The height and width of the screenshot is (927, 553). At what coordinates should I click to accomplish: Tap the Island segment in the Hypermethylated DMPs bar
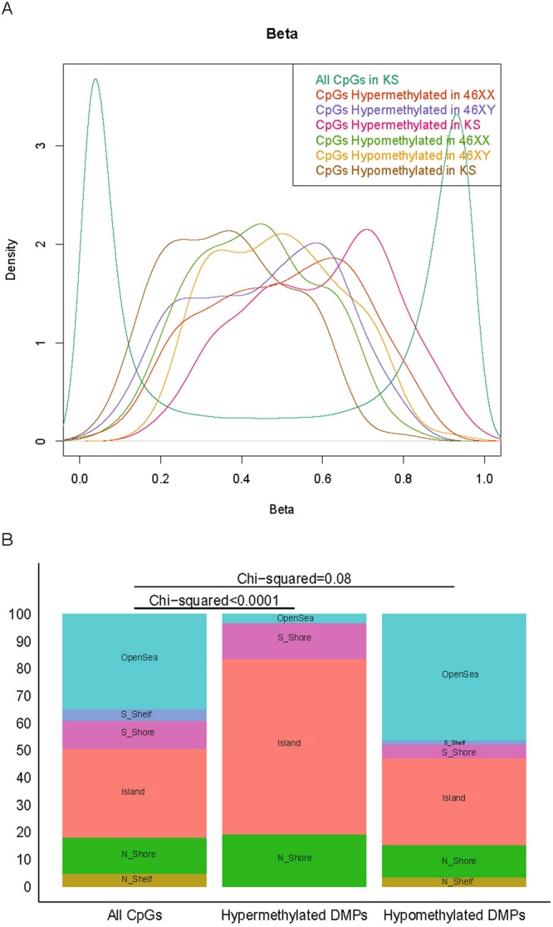293,743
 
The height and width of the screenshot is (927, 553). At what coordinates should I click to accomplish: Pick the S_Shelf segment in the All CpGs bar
133,714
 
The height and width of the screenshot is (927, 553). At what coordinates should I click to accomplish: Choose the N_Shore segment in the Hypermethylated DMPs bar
293,857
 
